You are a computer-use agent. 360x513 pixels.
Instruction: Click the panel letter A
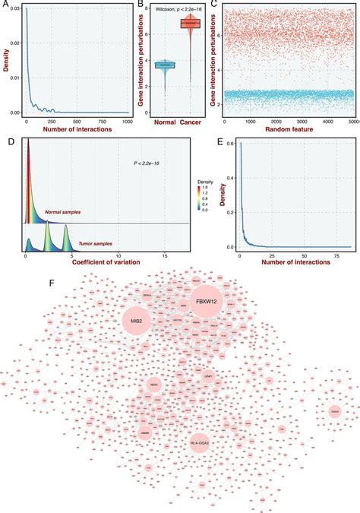5,5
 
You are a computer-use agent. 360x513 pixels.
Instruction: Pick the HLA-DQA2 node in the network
200,441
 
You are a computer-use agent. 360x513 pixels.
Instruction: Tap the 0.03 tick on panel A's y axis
13,10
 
